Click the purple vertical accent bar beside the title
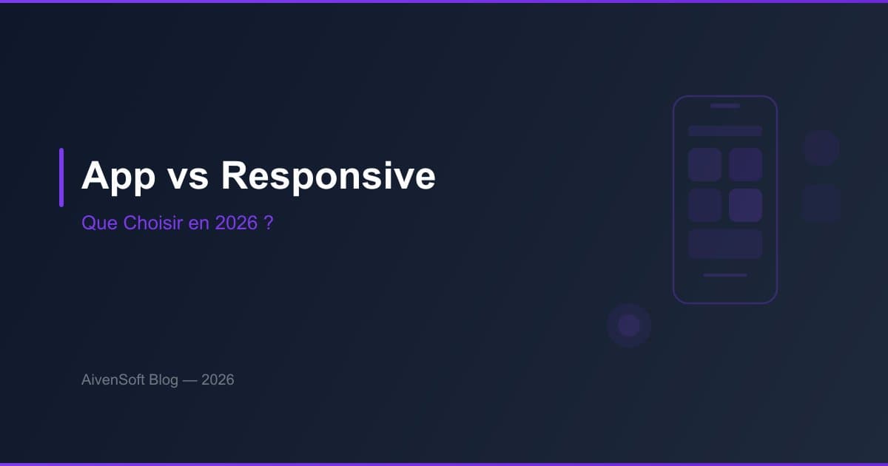click(x=61, y=178)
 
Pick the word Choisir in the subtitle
click(x=149, y=223)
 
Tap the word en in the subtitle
click(x=199, y=223)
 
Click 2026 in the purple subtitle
click(x=235, y=223)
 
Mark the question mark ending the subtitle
click(x=269, y=223)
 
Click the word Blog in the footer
click(x=163, y=380)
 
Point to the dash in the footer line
click(x=189, y=380)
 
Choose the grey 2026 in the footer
click(x=218, y=380)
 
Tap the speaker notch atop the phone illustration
click(x=725, y=106)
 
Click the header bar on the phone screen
click(x=725, y=131)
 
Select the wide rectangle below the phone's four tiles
click(x=725, y=244)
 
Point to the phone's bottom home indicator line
click(x=725, y=275)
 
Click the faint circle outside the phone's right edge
click(x=821, y=148)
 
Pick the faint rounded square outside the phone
click(x=821, y=203)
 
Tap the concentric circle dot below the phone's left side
click(x=629, y=325)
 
